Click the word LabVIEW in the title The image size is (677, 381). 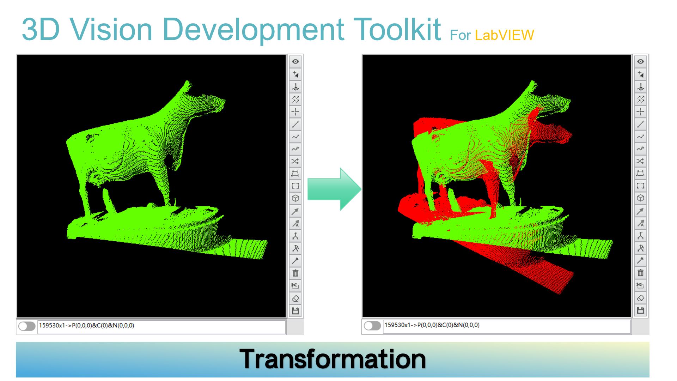click(x=504, y=35)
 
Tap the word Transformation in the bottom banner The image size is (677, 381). click(x=333, y=359)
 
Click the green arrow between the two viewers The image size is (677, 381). click(x=333, y=189)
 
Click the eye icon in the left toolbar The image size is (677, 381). click(x=295, y=61)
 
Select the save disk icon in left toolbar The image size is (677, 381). click(x=295, y=311)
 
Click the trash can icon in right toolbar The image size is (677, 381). click(x=640, y=273)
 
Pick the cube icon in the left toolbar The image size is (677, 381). click(x=295, y=198)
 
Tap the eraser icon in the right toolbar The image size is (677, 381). click(x=640, y=298)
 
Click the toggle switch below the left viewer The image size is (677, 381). click(x=27, y=326)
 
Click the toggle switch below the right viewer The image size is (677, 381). click(x=372, y=326)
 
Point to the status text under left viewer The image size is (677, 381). click(x=86, y=326)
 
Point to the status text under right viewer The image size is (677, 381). click(x=432, y=325)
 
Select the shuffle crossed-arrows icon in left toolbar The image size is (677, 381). click(x=295, y=161)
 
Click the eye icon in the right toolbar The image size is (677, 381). click(x=640, y=61)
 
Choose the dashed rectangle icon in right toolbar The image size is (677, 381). click(x=640, y=186)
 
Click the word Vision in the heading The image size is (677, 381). click(x=111, y=30)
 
